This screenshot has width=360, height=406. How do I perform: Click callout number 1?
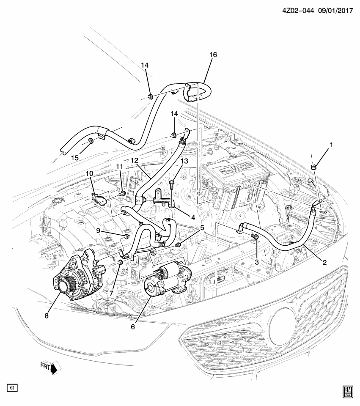click(x=331, y=145)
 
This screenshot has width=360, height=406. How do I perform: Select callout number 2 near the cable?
click(x=324, y=262)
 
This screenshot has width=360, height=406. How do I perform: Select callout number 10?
click(x=89, y=174)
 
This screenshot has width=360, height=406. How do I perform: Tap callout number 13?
click(x=184, y=161)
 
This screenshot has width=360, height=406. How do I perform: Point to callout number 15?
click(x=74, y=158)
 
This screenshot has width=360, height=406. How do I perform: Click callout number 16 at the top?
click(x=213, y=55)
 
